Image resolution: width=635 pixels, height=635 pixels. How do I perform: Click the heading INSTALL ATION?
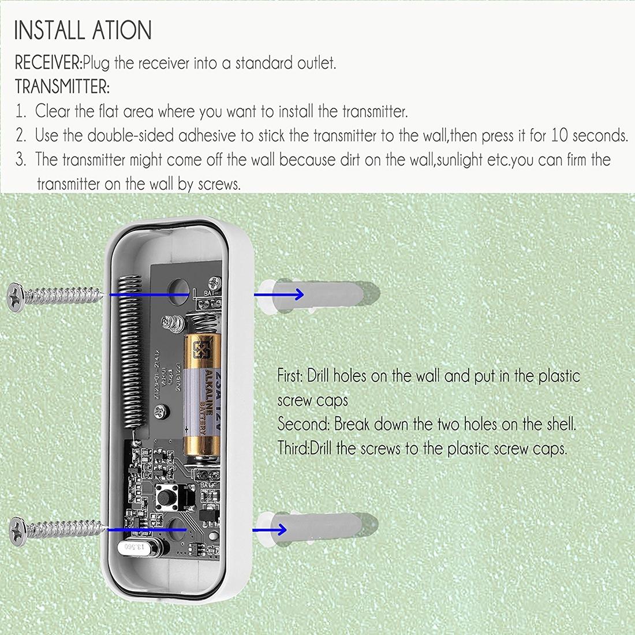click(x=83, y=30)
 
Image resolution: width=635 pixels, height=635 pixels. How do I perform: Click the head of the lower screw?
click(x=18, y=529)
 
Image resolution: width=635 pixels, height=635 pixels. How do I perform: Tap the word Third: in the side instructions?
click(x=293, y=449)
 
